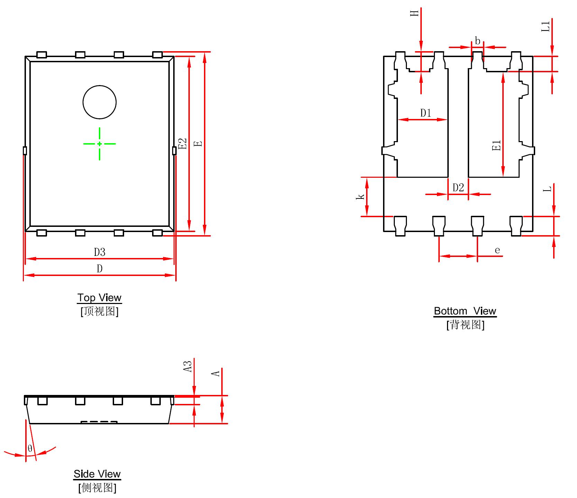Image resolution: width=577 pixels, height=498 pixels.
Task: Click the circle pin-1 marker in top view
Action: coord(100,102)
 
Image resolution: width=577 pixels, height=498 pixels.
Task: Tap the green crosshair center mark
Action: coord(100,144)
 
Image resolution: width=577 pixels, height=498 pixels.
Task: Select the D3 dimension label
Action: coord(100,252)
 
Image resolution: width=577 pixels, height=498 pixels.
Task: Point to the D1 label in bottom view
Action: coord(426,113)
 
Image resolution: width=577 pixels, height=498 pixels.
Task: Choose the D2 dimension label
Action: coord(458,187)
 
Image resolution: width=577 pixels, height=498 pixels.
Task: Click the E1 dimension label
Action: coord(496,145)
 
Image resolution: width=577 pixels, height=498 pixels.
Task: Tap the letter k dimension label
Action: coord(361,196)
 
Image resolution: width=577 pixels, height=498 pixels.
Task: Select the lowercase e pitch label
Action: coord(497,250)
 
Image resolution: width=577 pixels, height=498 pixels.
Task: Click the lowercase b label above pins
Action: coord(477,41)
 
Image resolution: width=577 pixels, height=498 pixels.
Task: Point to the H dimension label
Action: coord(415,13)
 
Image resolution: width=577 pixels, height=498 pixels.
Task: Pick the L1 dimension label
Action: coord(545,26)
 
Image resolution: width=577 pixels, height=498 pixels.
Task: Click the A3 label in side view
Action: coord(187,367)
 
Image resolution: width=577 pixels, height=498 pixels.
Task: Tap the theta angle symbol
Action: coord(30,449)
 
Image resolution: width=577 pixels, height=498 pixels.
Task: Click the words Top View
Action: coord(100,298)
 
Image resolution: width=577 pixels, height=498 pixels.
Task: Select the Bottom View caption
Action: coord(465,311)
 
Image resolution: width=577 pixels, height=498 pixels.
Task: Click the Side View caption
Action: coord(97,474)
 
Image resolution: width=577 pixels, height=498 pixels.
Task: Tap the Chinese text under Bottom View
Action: coord(465,325)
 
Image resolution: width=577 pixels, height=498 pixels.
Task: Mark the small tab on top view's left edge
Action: coord(25,151)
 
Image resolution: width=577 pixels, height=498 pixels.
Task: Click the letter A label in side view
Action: coord(216,373)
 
